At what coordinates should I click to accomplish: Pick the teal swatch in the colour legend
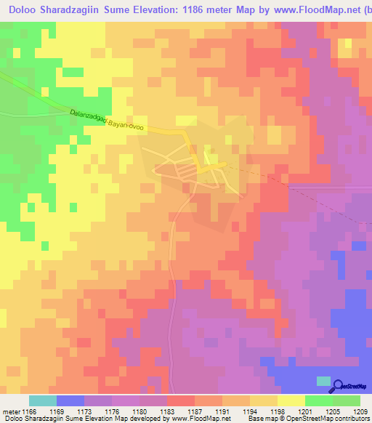(43, 400)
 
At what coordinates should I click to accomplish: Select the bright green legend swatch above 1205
(318, 400)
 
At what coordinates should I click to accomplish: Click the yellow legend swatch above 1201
(291, 400)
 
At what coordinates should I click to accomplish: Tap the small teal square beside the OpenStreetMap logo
(322, 382)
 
